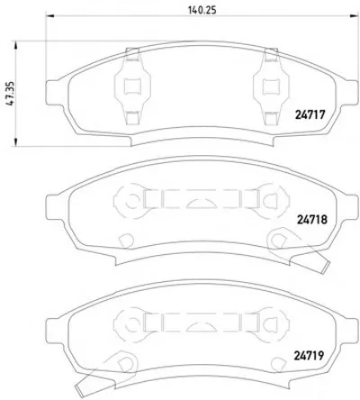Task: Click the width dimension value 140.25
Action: (202, 10)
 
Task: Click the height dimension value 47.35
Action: (11, 94)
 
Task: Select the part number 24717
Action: (310, 114)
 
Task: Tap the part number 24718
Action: (312, 220)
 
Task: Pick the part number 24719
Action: (309, 356)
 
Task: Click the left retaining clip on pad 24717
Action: (132, 86)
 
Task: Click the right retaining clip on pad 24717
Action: (271, 86)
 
